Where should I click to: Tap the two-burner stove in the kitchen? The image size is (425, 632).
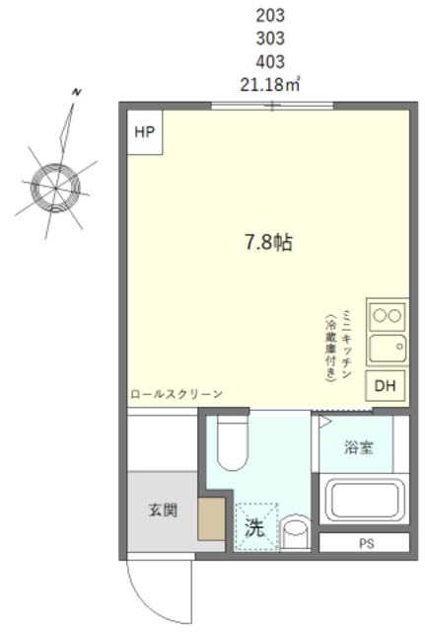point(387,317)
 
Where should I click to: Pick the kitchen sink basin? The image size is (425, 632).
point(387,348)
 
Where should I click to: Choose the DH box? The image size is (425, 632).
point(385,385)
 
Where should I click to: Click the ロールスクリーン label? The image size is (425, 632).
point(176,394)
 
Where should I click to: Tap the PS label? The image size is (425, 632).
point(366,543)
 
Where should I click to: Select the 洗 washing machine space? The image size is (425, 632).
point(254,527)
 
